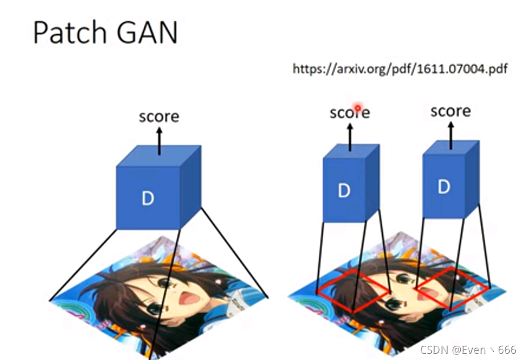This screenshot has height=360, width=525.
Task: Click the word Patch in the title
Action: pos(68,33)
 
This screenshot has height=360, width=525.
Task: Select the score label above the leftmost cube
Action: pos(159,117)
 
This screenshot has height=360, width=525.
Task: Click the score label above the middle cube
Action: pos(349,112)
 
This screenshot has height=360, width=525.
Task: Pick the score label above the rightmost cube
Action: pos(451,111)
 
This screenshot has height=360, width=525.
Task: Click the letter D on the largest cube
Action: pos(148,199)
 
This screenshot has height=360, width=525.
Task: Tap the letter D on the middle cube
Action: pos(344,191)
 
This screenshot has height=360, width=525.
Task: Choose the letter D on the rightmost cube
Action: pos(444,186)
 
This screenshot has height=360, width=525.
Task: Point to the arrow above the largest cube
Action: pos(159,139)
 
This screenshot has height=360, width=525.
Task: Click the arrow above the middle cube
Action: pos(350,136)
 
